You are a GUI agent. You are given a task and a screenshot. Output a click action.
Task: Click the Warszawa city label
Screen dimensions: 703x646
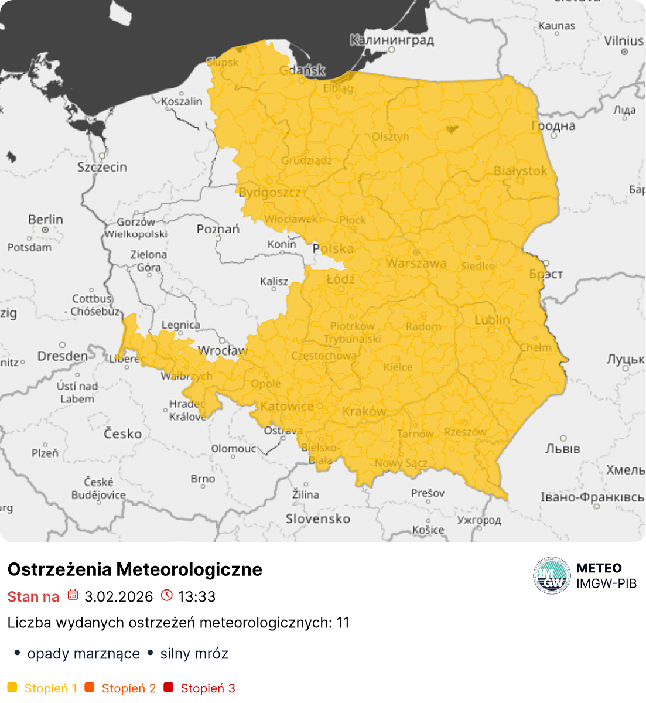(x=416, y=264)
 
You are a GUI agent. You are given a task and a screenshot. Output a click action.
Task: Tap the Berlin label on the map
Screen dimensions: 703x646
(x=46, y=220)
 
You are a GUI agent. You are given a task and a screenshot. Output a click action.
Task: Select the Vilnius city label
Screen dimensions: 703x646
(x=624, y=40)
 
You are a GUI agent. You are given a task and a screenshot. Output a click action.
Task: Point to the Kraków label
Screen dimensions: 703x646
(x=364, y=411)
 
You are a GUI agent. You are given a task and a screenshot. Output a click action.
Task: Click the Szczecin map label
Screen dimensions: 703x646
(x=102, y=167)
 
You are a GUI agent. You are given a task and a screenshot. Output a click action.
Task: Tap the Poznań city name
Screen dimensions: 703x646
(x=218, y=229)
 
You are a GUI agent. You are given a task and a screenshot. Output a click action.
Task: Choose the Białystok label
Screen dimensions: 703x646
(x=520, y=170)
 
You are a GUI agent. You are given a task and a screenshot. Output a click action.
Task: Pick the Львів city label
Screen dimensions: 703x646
(x=562, y=449)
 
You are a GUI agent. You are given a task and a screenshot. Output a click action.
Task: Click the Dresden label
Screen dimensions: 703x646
(x=63, y=356)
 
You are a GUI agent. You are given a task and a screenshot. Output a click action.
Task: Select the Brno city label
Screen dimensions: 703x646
(x=203, y=479)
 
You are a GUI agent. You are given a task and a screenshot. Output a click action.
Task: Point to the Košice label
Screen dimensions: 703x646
(x=428, y=530)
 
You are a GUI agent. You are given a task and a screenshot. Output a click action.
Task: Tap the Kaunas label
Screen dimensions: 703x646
(x=556, y=26)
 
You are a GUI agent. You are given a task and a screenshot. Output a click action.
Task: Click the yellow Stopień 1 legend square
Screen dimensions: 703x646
(x=12, y=688)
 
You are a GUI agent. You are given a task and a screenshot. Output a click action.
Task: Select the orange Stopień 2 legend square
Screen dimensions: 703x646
(x=90, y=688)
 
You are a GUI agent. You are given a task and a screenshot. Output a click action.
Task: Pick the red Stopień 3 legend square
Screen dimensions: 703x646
(x=169, y=688)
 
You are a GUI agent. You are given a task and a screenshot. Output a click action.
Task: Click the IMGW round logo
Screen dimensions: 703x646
(x=552, y=575)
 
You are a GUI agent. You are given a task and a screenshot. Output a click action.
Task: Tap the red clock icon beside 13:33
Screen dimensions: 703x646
(x=167, y=596)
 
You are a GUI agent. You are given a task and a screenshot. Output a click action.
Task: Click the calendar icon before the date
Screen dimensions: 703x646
(x=73, y=596)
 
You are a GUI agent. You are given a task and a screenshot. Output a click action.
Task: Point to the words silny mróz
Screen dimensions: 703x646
(x=194, y=653)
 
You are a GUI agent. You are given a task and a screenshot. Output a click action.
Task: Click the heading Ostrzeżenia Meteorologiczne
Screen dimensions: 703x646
(x=135, y=569)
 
